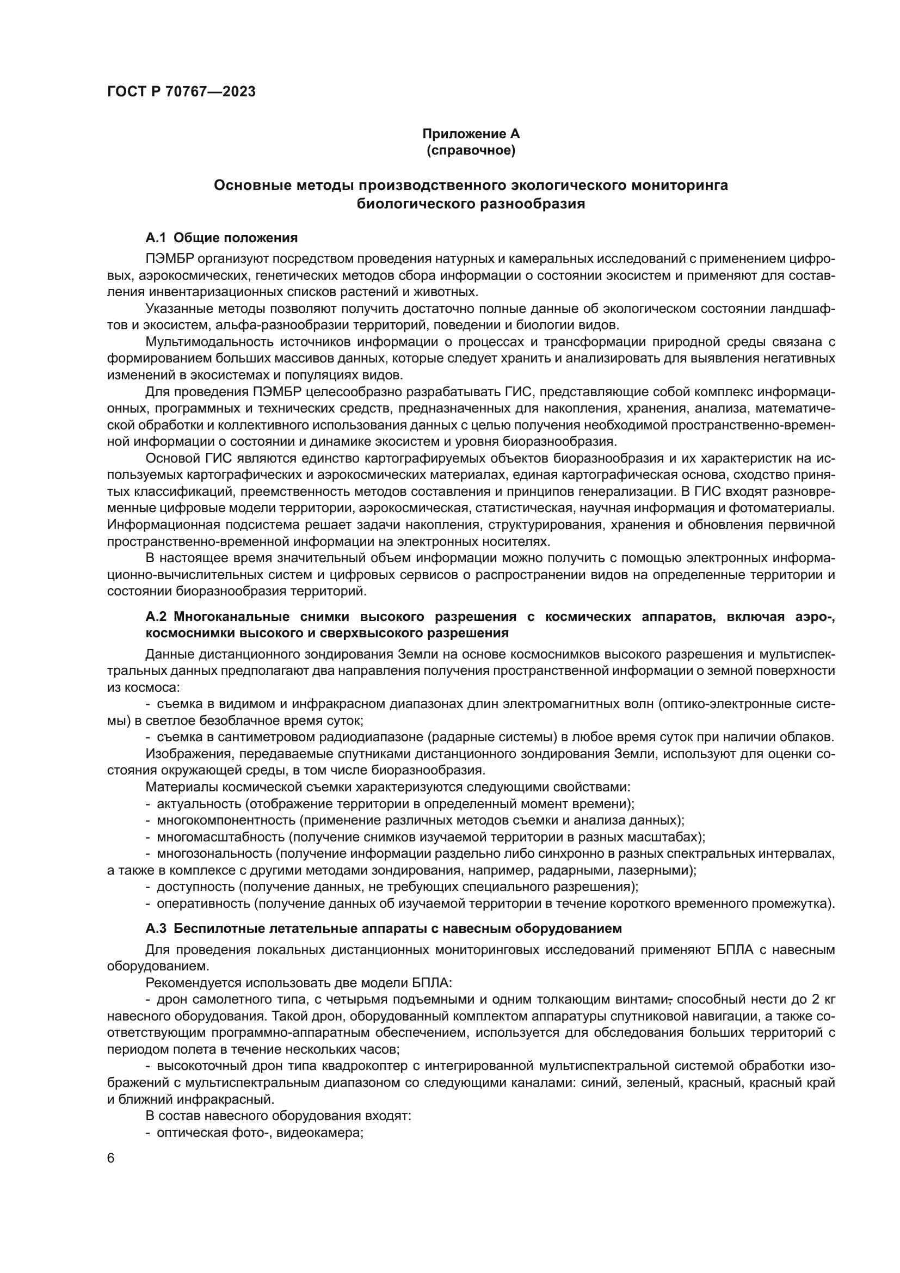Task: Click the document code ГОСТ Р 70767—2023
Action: click(181, 91)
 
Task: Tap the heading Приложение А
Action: click(471, 134)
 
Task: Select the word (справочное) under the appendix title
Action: click(471, 150)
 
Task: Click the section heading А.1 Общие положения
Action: click(221, 238)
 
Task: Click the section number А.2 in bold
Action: click(157, 617)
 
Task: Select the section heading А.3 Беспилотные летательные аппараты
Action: click(384, 928)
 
